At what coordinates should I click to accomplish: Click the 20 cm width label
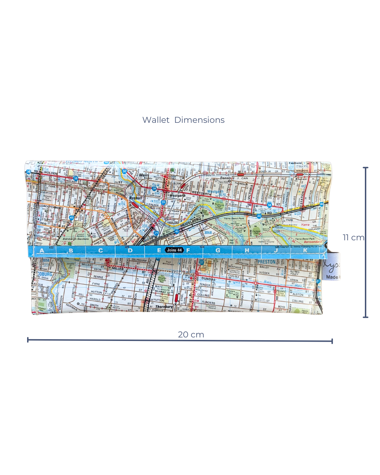click(191, 335)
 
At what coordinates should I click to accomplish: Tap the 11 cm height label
click(353, 237)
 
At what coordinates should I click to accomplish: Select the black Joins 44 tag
click(175, 250)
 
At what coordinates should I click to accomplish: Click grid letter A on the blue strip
click(42, 251)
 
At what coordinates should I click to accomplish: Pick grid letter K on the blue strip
click(305, 251)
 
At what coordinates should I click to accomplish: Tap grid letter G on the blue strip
click(218, 251)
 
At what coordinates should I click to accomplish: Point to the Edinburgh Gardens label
click(76, 239)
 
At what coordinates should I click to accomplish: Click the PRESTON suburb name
click(266, 262)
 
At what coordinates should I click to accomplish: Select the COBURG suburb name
click(45, 274)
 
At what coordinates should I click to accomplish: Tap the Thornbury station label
click(164, 307)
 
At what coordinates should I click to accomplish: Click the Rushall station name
click(135, 198)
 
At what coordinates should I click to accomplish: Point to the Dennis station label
click(225, 178)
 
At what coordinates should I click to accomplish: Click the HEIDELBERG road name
click(191, 222)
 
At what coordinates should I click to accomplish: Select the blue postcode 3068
click(208, 233)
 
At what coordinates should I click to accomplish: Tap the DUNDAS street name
click(208, 279)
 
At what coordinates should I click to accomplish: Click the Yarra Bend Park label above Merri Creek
click(234, 218)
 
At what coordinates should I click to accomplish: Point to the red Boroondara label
click(312, 242)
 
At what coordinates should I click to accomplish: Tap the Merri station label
click(144, 175)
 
